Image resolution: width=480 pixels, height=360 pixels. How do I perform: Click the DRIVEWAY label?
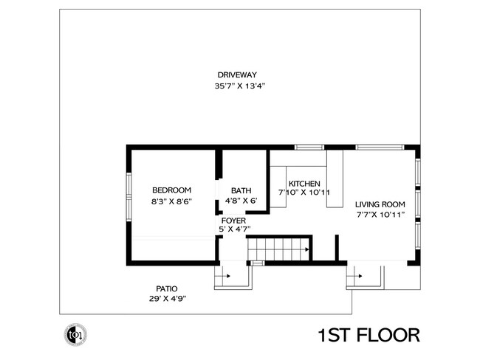click(236, 75)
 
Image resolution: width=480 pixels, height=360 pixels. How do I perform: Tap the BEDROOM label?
click(171, 190)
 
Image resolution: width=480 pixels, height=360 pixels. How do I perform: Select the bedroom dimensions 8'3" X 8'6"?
click(171, 201)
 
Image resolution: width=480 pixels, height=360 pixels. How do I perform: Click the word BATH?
click(241, 190)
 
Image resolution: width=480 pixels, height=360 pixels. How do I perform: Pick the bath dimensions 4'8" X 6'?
click(241, 201)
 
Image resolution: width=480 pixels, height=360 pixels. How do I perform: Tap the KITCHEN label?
click(304, 183)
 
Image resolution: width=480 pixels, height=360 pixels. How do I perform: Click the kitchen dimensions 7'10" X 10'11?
click(304, 193)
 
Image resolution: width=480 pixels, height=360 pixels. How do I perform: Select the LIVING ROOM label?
click(380, 204)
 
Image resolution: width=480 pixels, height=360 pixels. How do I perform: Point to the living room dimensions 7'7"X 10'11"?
click(380, 215)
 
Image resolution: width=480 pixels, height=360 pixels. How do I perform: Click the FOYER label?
click(230, 219)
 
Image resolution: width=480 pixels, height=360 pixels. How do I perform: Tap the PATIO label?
click(165, 288)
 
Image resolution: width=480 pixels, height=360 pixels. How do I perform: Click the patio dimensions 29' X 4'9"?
click(165, 299)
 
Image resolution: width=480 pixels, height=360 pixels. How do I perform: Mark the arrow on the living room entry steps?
click(360, 276)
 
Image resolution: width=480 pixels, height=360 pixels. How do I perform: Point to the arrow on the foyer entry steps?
click(227, 276)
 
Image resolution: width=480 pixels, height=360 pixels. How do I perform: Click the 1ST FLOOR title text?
click(368, 336)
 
